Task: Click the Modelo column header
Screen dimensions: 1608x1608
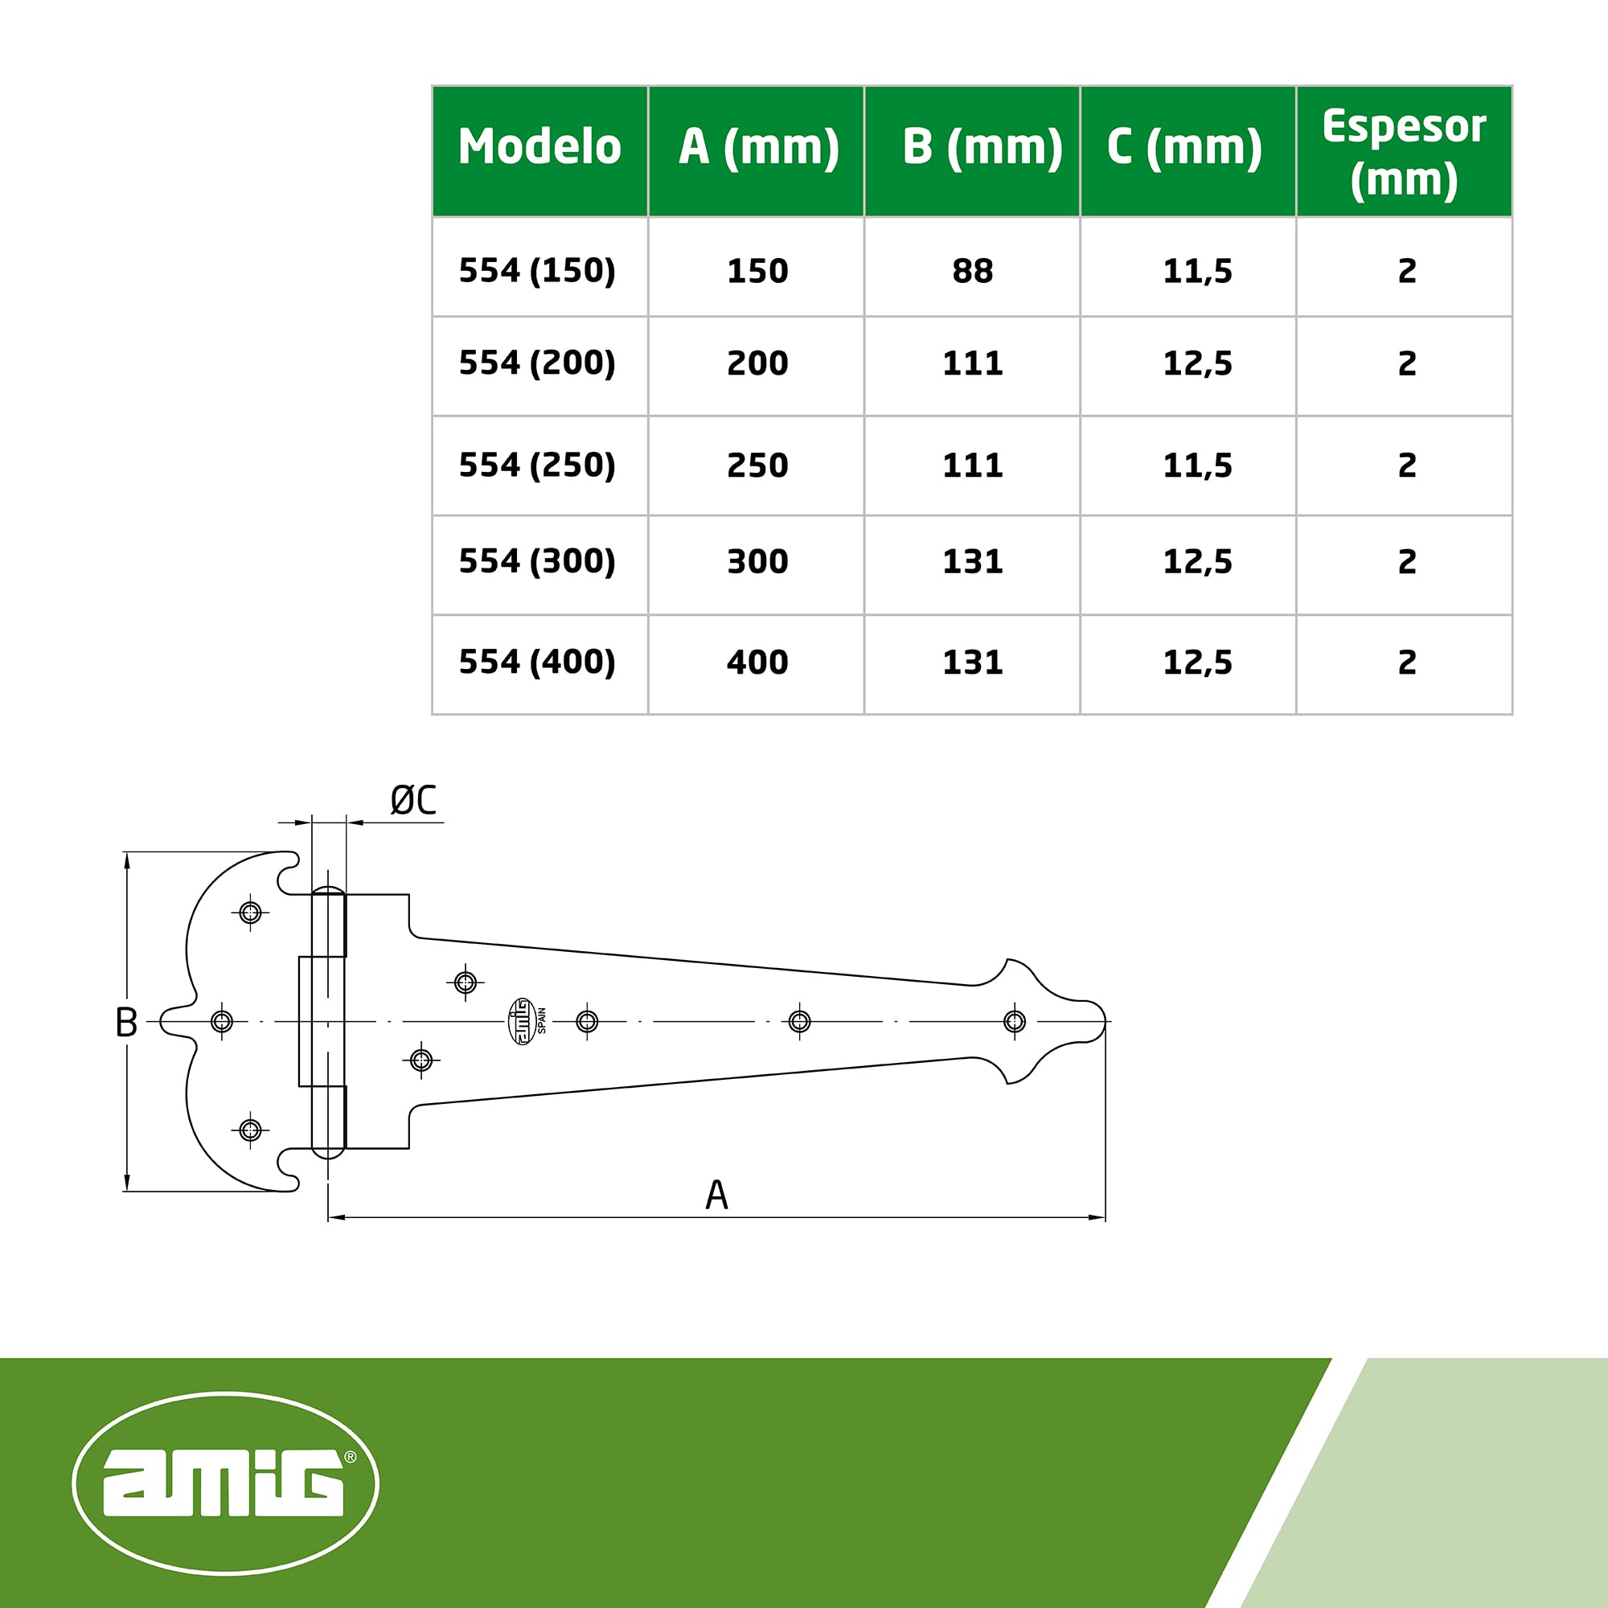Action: (x=539, y=147)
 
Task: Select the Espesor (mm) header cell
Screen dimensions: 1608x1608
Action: (x=1404, y=152)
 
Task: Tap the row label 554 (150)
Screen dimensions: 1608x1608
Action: (x=538, y=270)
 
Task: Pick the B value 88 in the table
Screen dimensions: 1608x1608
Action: (x=972, y=271)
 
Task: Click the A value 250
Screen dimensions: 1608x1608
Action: (x=757, y=466)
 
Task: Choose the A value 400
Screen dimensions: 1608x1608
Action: (x=757, y=662)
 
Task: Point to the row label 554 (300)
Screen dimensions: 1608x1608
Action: (x=538, y=562)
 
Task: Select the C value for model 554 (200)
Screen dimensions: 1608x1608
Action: (x=1197, y=363)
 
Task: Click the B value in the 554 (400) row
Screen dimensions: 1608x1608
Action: (x=972, y=662)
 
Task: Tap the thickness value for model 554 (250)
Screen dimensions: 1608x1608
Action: (x=1406, y=466)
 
